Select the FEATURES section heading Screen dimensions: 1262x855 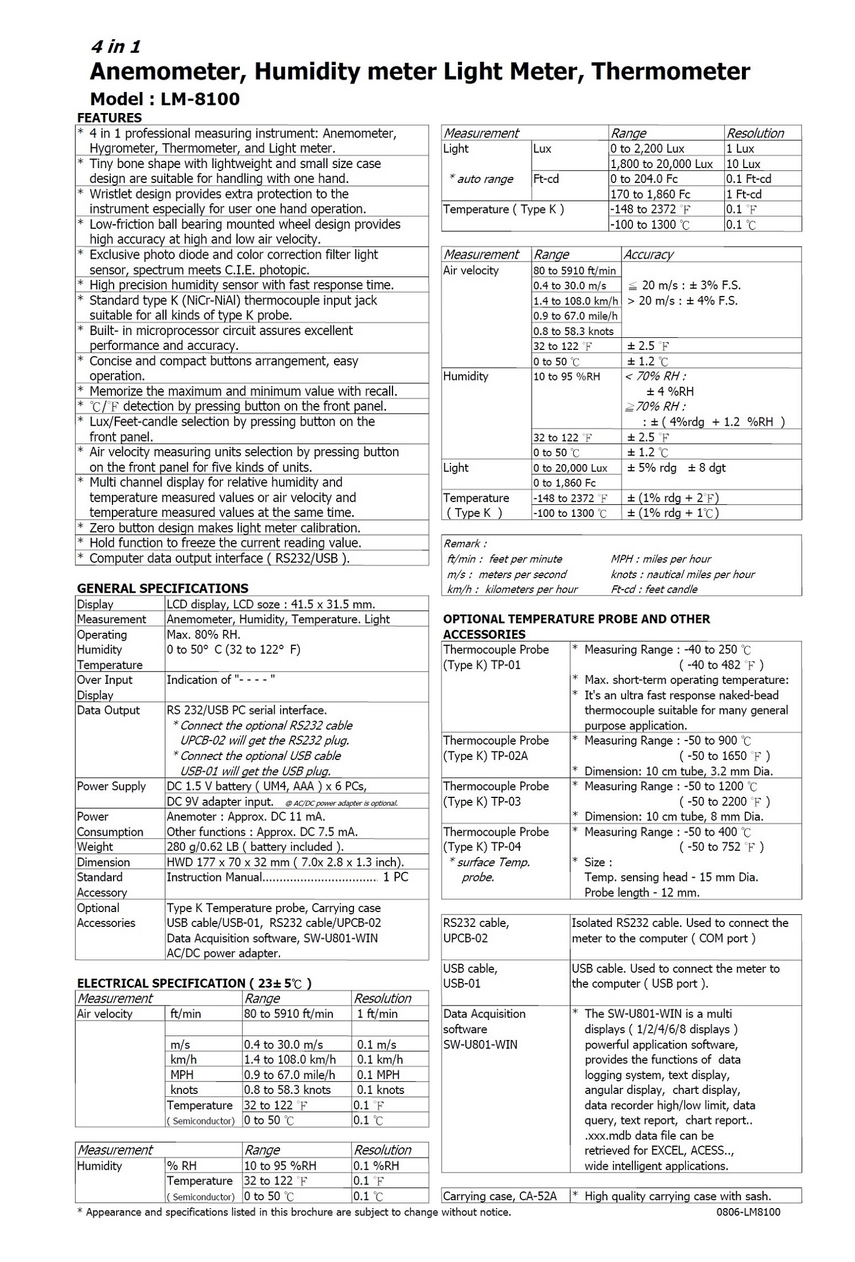109,118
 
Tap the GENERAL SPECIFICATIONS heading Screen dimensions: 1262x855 162,588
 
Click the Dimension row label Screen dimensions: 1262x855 103,862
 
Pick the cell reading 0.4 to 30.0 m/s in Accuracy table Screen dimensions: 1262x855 569,286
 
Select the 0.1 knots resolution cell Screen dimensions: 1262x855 380,1090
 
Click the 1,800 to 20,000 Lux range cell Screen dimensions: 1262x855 661,164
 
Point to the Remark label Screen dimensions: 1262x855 465,544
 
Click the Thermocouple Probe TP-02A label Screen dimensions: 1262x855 496,748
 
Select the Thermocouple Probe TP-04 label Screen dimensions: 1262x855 496,839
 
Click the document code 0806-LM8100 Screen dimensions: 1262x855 748,1212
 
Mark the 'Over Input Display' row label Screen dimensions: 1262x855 104,687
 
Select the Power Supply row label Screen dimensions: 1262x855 111,786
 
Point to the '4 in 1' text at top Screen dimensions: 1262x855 115,47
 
